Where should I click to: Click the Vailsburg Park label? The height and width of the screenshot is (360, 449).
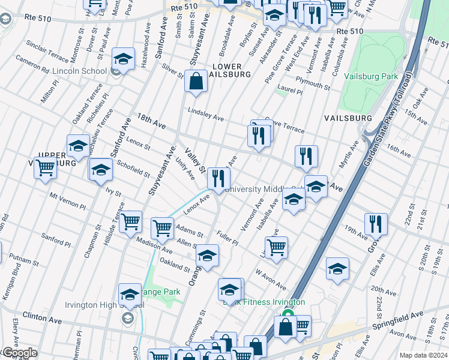(x=371, y=77)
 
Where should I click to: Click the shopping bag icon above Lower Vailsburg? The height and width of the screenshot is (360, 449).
(x=196, y=82)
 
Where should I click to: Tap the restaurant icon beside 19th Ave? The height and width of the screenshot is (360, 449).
(x=376, y=224)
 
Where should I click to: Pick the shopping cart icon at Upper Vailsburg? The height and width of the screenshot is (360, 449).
(x=46, y=169)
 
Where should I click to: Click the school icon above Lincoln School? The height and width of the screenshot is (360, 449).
(x=123, y=59)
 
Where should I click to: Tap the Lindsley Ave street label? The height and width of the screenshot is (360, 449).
(x=205, y=113)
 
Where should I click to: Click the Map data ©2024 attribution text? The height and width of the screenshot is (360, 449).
(x=424, y=355)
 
